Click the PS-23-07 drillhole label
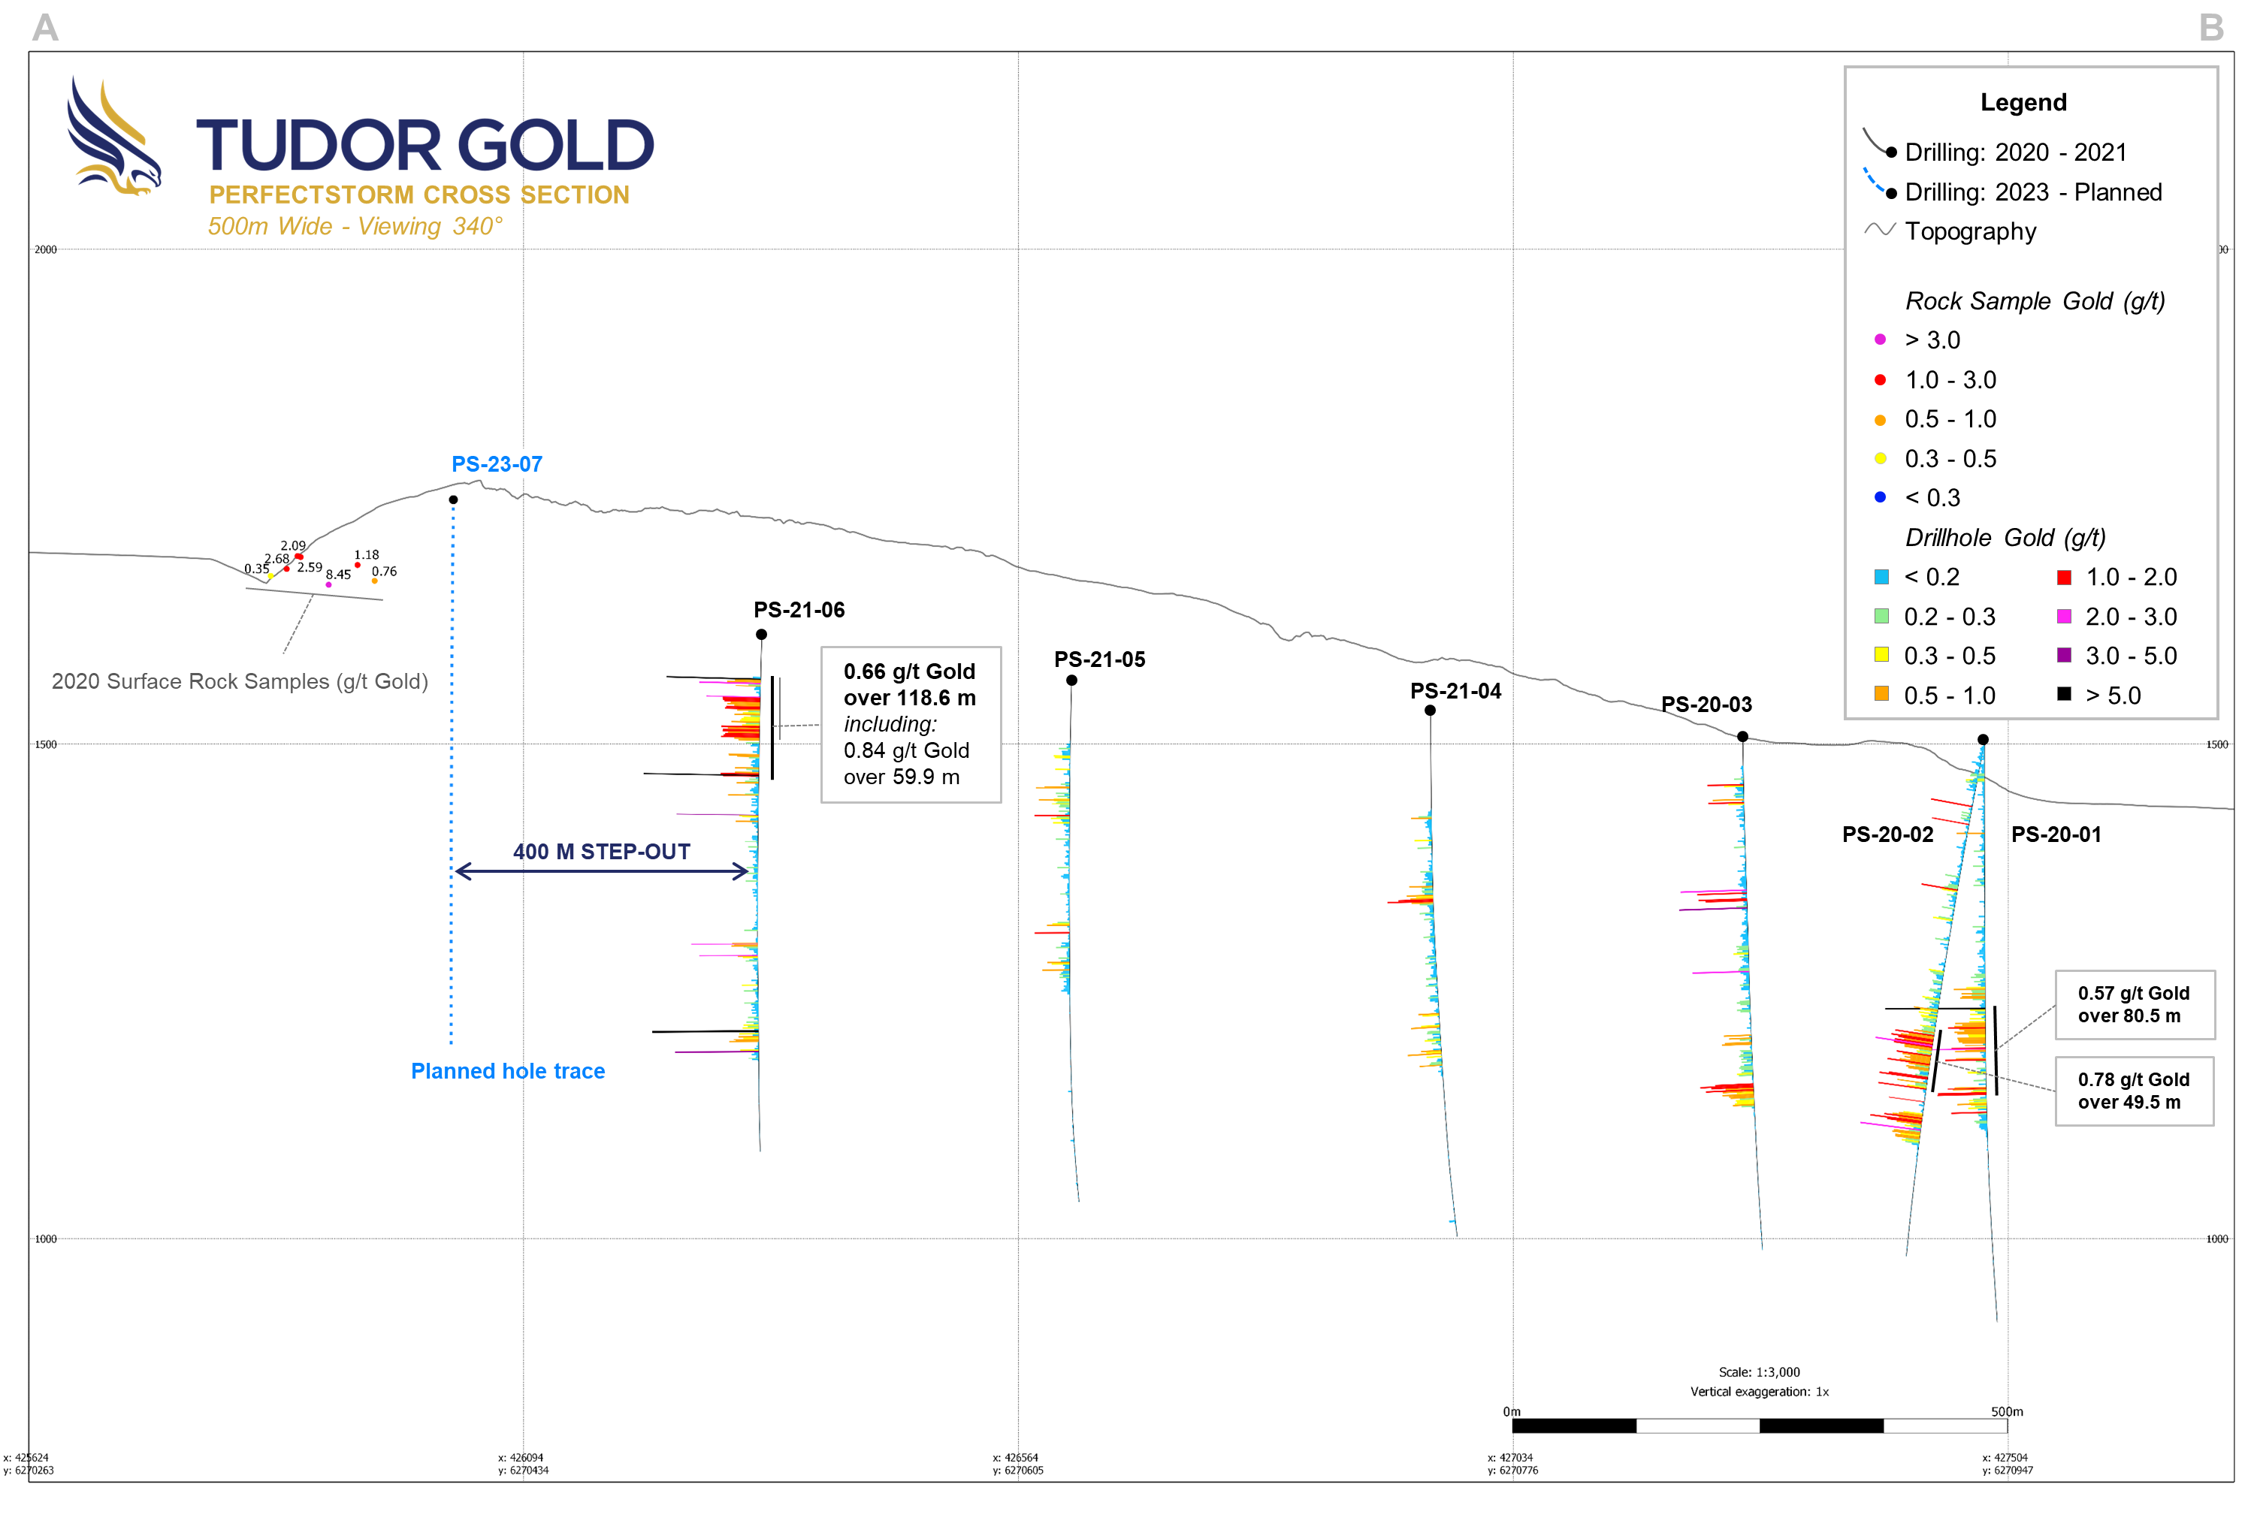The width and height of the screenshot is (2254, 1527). pyautogui.click(x=497, y=464)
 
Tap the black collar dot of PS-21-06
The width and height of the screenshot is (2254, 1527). pyautogui.click(x=761, y=635)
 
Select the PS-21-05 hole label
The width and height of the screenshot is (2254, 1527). pyautogui.click(x=1099, y=659)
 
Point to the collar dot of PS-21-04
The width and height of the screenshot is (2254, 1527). pyautogui.click(x=1430, y=711)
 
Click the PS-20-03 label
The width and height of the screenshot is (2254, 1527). pyautogui.click(x=1706, y=705)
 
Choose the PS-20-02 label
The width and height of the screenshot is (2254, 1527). pyautogui.click(x=1887, y=834)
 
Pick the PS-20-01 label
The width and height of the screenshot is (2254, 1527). pyautogui.click(x=2056, y=834)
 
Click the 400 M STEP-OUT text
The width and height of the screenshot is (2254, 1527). pyautogui.click(x=601, y=853)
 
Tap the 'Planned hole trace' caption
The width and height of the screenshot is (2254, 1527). pyautogui.click(x=507, y=1071)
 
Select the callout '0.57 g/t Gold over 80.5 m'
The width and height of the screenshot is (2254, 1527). pyautogui.click(x=2134, y=1004)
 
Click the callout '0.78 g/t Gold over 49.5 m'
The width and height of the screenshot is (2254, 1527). pyautogui.click(x=2134, y=1091)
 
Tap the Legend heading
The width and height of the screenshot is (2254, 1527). pyautogui.click(x=2023, y=103)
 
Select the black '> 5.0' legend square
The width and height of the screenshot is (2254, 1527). pyautogui.click(x=2064, y=694)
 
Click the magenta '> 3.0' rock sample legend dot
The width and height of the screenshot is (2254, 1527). pyautogui.click(x=1880, y=340)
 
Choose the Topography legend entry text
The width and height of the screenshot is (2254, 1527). pyautogui.click(x=1970, y=231)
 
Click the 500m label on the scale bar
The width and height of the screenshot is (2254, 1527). pyautogui.click(x=2007, y=1411)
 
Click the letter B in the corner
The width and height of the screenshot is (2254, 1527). pyautogui.click(x=2211, y=27)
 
